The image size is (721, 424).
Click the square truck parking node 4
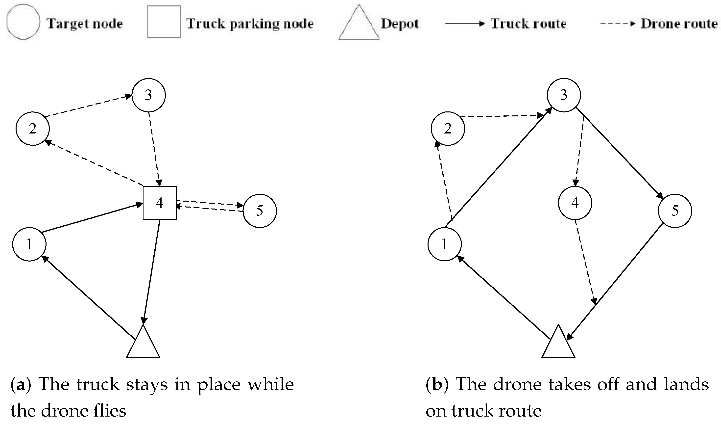tap(160, 203)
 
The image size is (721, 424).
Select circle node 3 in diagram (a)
tap(148, 95)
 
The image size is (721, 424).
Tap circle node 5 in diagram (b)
tap(675, 211)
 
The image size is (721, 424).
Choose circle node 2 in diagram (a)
tap(33, 129)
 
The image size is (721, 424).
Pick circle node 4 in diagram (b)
tap(575, 203)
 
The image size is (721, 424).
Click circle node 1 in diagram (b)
tap(444, 244)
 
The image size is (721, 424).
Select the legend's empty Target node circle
tap(23, 22)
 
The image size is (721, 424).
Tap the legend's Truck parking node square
tap(164, 22)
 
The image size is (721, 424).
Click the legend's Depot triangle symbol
tap(359, 26)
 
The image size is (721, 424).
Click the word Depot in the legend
tap(399, 24)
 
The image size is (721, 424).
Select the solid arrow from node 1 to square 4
tap(92, 218)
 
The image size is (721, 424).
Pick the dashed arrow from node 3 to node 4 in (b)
tap(579, 152)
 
